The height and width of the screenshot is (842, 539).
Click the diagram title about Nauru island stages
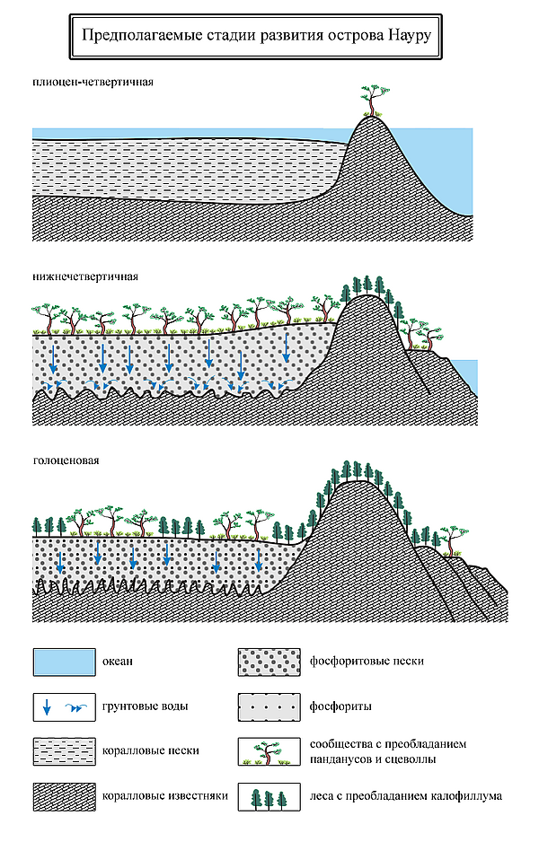(x=257, y=38)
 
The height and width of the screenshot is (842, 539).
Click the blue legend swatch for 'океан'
(x=65, y=662)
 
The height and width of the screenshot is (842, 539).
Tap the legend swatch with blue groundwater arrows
(x=65, y=706)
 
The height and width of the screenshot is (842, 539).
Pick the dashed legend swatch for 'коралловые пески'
(x=65, y=750)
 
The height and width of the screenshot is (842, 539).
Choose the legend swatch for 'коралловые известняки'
(x=65, y=795)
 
